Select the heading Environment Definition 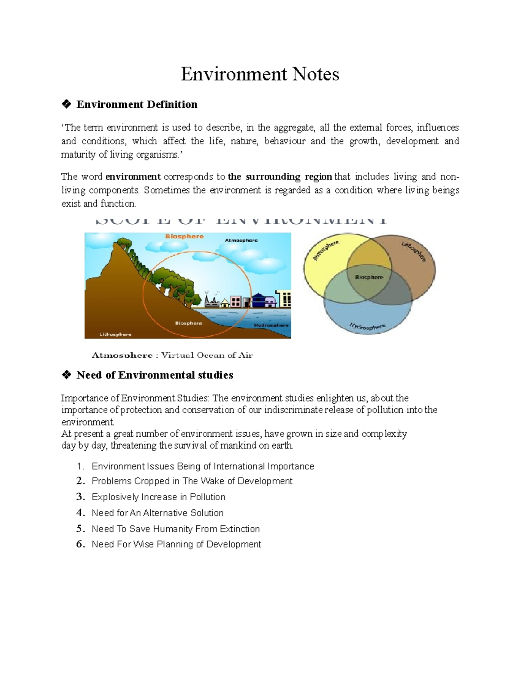pyautogui.click(x=137, y=104)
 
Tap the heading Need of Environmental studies pyautogui.click(x=155, y=375)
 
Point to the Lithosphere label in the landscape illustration pyautogui.click(x=115, y=334)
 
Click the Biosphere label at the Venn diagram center pyautogui.click(x=369, y=277)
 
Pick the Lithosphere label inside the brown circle pyautogui.click(x=413, y=252)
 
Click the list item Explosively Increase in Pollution pyautogui.click(x=158, y=497)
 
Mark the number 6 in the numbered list pyautogui.click(x=79, y=544)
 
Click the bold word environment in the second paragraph pyautogui.click(x=133, y=177)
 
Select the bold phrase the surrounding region pyautogui.click(x=280, y=177)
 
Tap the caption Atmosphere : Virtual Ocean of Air pyautogui.click(x=172, y=355)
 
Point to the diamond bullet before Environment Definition pyautogui.click(x=66, y=104)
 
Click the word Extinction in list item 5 pyautogui.click(x=240, y=529)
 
